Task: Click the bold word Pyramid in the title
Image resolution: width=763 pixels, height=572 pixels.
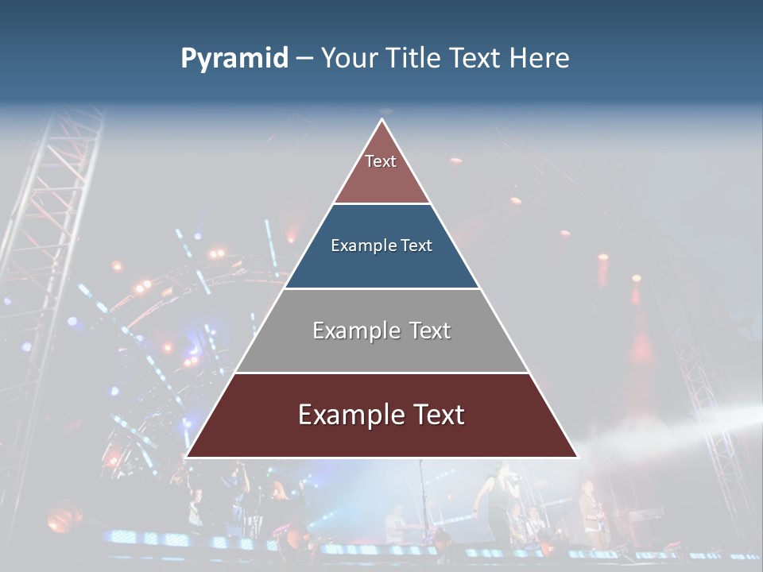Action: point(234,59)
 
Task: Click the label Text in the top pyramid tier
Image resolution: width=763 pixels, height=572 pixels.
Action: point(381,161)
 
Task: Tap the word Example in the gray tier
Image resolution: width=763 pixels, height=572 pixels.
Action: point(355,330)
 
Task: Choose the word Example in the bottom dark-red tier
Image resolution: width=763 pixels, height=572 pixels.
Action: point(346,415)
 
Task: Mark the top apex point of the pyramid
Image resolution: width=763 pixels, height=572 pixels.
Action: point(381,119)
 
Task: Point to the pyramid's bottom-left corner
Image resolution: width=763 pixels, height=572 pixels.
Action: point(186,457)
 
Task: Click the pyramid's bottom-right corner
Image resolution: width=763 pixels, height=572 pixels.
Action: point(577,457)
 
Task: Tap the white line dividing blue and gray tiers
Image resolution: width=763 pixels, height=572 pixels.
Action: point(381,288)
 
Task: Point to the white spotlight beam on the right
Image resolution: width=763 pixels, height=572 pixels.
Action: point(684,425)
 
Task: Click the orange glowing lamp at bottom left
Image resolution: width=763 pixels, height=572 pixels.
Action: point(64,516)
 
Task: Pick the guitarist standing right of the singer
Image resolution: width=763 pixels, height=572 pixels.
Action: point(589,508)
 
